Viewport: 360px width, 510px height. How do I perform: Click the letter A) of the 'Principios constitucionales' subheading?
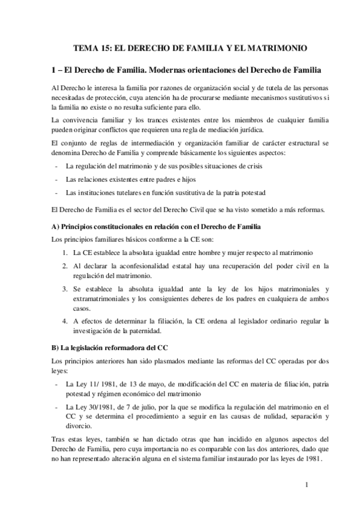coord(56,226)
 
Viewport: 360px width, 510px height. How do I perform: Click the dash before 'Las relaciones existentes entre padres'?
coord(56,179)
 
